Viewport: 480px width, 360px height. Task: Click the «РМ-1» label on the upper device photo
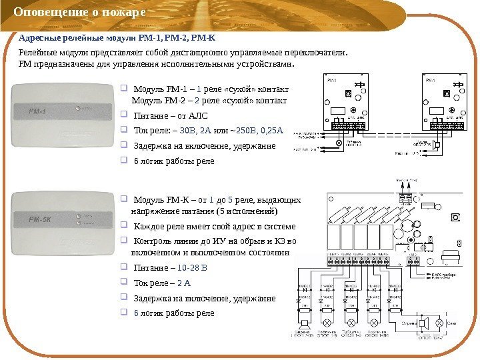[36, 111]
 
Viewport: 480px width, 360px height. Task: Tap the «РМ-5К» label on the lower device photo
[39, 219]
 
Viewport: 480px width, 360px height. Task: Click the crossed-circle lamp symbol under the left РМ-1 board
[339, 143]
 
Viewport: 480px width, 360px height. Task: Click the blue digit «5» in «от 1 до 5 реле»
[231, 199]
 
